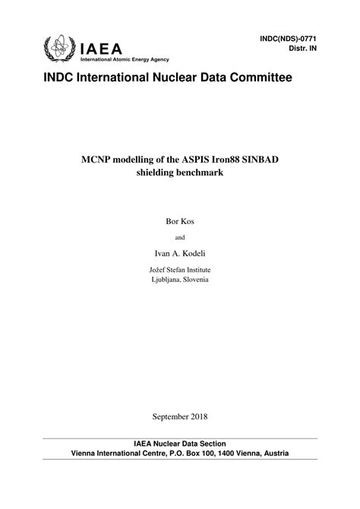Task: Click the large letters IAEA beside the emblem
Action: click(103, 47)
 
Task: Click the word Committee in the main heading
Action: click(254, 78)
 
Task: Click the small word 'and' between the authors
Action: click(180, 236)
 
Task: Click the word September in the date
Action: click(168, 416)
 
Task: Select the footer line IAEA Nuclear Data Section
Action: click(180, 444)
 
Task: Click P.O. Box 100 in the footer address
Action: click(197, 454)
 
